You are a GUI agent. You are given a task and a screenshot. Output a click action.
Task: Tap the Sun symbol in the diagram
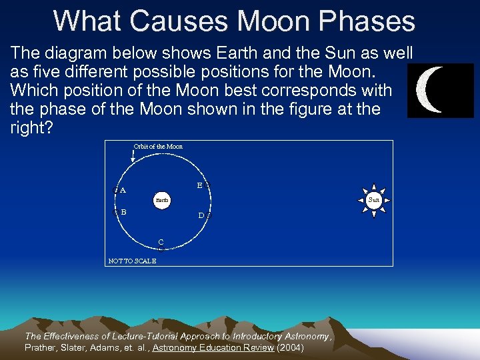coord(374,199)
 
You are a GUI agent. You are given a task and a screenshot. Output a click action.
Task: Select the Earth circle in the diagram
coord(162,199)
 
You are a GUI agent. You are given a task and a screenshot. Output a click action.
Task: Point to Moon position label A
coord(123,190)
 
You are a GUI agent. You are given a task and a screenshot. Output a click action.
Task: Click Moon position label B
coord(123,212)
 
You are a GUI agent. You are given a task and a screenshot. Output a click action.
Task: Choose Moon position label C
coord(161,241)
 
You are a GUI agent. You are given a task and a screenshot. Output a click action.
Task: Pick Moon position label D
coord(201,215)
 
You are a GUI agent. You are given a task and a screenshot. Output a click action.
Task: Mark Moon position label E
coord(199,186)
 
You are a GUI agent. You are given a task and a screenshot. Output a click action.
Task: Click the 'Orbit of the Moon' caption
coord(158,147)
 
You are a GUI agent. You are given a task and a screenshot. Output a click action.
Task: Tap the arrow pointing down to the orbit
coord(133,157)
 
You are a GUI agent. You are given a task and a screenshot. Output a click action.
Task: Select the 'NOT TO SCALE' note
coord(132,261)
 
